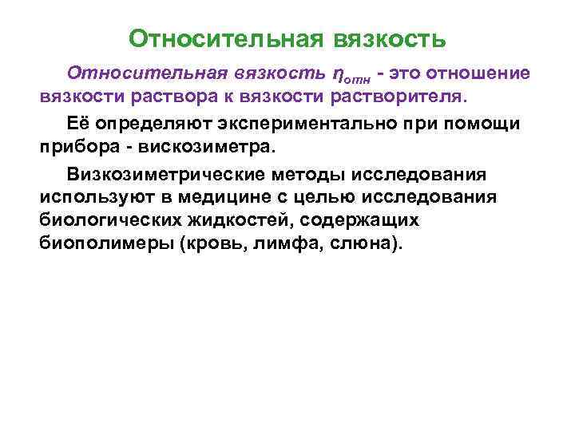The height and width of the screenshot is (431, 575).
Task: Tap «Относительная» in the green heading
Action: (x=225, y=39)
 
